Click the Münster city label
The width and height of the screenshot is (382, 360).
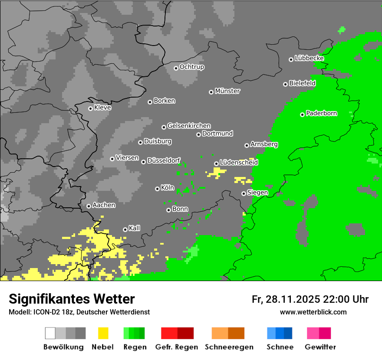tap(227, 91)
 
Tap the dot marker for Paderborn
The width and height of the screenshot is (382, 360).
tap(302, 115)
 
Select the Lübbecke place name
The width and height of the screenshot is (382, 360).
tap(309, 58)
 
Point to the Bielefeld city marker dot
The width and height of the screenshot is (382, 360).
tap(285, 84)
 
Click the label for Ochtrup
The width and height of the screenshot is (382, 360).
tap(192, 67)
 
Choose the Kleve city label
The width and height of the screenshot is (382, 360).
tap(102, 108)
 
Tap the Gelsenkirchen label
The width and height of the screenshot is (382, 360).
tap(189, 126)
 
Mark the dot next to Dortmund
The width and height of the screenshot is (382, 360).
tap(198, 134)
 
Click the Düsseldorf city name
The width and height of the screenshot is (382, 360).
tap(164, 160)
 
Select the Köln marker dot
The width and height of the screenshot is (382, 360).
tap(157, 189)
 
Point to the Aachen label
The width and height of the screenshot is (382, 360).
tap(104, 205)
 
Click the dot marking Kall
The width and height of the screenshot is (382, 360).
tap(125, 229)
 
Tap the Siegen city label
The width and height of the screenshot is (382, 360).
tap(257, 193)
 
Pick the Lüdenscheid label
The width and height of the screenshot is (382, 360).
tap(239, 163)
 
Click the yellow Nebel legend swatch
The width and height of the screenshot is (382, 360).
tap(103, 333)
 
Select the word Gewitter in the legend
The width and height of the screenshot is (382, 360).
tap(320, 347)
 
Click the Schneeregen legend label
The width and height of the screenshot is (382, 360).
tap(229, 347)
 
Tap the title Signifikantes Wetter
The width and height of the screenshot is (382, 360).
tap(72, 299)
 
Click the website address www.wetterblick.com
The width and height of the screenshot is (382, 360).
tap(313, 312)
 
